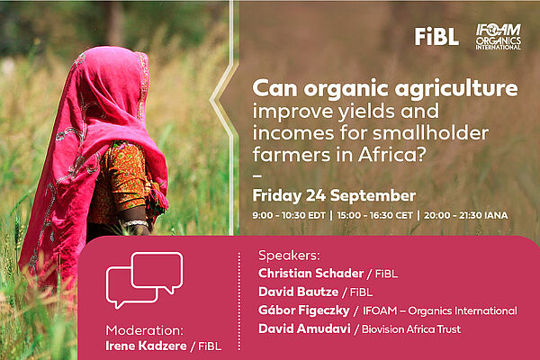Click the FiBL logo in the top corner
pos(436,36)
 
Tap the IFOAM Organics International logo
pos(498,37)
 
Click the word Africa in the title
pos(387,155)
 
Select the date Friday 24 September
pos(334,195)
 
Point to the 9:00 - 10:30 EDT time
pos(289,215)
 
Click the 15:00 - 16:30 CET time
pos(374,215)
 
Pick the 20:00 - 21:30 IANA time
pos(465,215)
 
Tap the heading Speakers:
pos(289,256)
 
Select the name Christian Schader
pos(311,274)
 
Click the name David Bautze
pos(298,292)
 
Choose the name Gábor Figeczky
pos(304,310)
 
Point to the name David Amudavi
pos(304,328)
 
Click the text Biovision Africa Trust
pos(411,329)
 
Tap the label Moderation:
pos(144,330)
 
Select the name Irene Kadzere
pos(146,346)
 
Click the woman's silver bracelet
pos(135,223)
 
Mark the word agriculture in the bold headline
pos(456,89)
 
